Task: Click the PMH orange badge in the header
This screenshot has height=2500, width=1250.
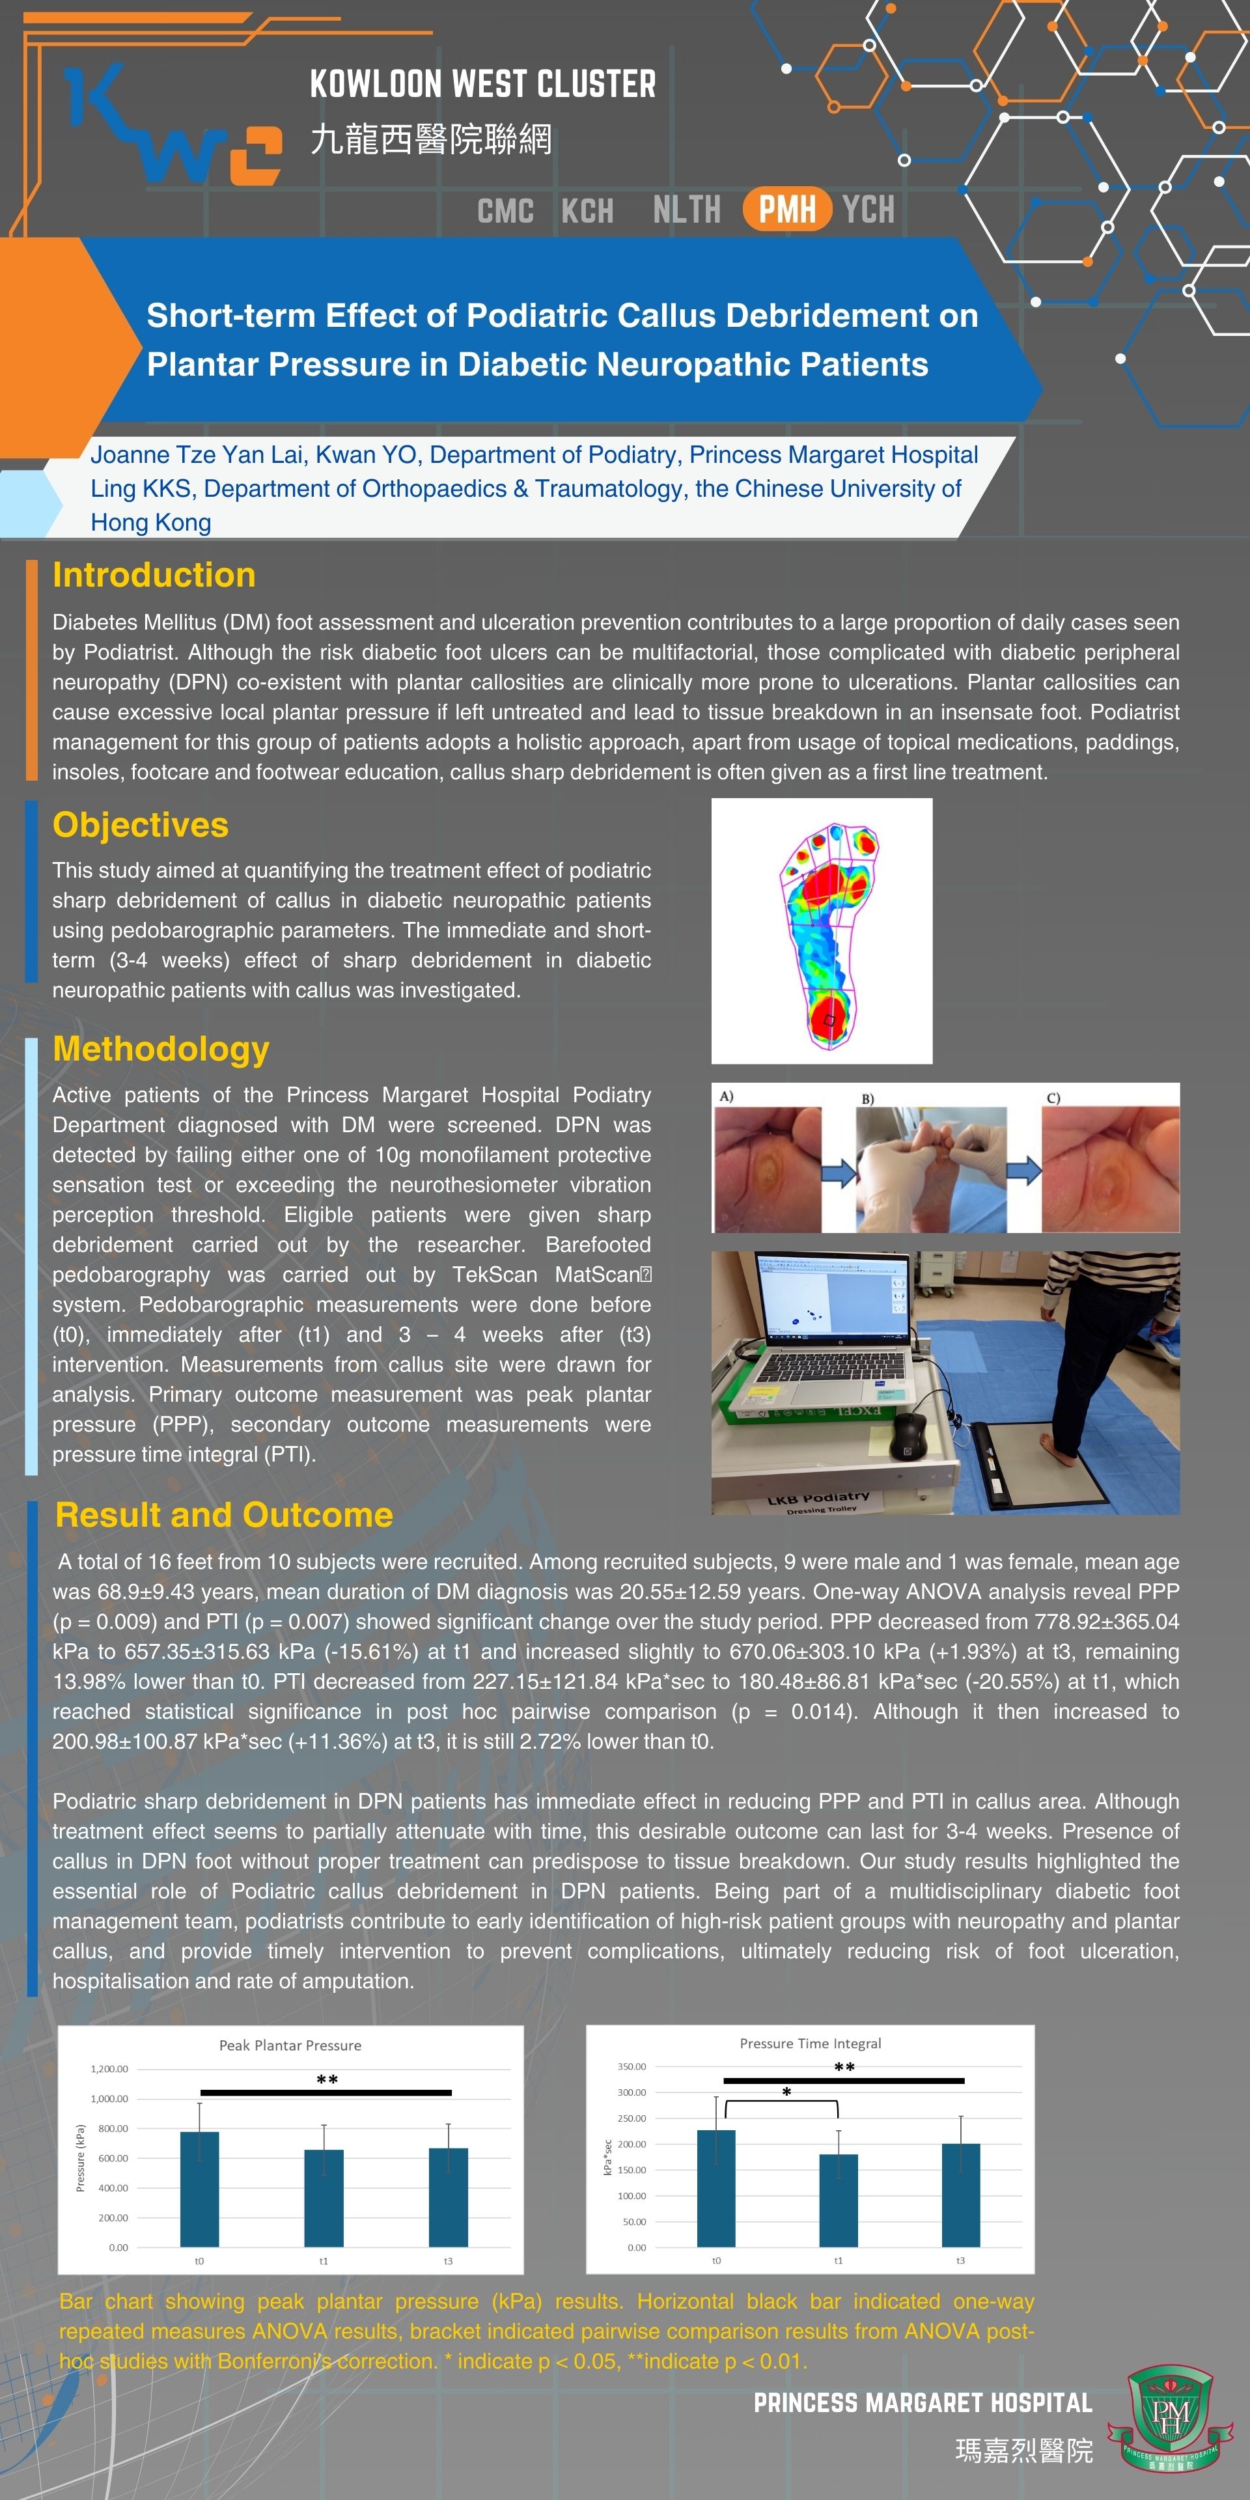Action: pos(787,208)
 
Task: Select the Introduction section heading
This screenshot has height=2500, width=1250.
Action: pos(154,574)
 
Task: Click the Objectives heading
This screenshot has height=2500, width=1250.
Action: pos(141,824)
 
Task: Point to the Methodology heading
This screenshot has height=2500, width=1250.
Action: pos(161,1049)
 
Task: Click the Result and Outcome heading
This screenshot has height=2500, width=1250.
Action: pos(224,1515)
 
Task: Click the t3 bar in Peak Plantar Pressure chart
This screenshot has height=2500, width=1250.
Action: pos(449,2197)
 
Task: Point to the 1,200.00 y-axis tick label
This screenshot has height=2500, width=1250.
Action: pos(109,2068)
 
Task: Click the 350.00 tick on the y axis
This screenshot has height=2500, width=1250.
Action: pos(632,2066)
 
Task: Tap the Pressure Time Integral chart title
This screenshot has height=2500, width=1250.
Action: pos(811,2043)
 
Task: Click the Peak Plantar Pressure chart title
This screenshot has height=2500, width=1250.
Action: pos(290,2045)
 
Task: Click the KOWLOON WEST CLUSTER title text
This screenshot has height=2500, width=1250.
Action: pos(482,85)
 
